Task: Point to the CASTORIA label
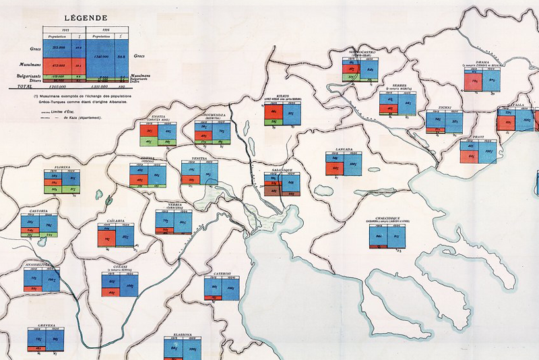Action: [x=33, y=211]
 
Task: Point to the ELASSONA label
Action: [x=182, y=334]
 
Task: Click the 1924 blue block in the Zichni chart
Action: [x=453, y=123]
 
